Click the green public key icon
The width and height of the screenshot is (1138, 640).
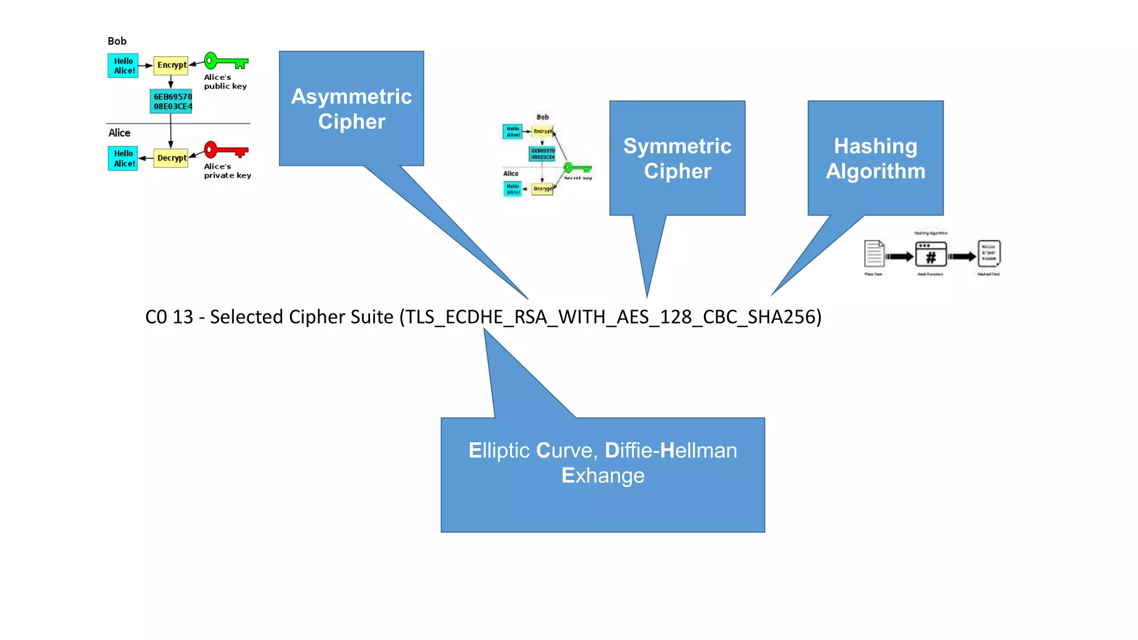pyautogui.click(x=225, y=61)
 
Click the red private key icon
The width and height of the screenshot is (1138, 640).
pyautogui.click(x=225, y=150)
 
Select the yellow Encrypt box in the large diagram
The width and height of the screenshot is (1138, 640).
pyautogui.click(x=171, y=65)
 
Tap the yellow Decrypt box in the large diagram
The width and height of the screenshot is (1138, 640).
pyautogui.click(x=171, y=158)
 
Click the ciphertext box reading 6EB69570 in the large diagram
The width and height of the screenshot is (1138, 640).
pyautogui.click(x=172, y=101)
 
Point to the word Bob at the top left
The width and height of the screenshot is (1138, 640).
pyautogui.click(x=117, y=41)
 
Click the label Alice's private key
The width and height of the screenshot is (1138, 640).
pyautogui.click(x=227, y=171)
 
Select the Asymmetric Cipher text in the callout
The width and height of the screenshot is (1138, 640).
pyautogui.click(x=351, y=109)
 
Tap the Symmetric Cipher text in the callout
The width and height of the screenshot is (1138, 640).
pyautogui.click(x=677, y=158)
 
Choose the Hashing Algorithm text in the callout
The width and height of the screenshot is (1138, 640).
pyautogui.click(x=875, y=158)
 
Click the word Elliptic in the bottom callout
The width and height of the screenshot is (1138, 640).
pyautogui.click(x=498, y=451)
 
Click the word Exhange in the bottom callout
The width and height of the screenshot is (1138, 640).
pyautogui.click(x=603, y=476)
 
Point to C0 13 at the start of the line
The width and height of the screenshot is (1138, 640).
pyautogui.click(x=168, y=317)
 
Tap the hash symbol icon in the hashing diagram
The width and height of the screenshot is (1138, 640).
pyautogui.click(x=931, y=257)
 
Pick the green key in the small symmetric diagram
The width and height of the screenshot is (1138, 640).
pyautogui.click(x=578, y=168)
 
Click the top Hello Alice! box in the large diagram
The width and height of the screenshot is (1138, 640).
pyautogui.click(x=123, y=66)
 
